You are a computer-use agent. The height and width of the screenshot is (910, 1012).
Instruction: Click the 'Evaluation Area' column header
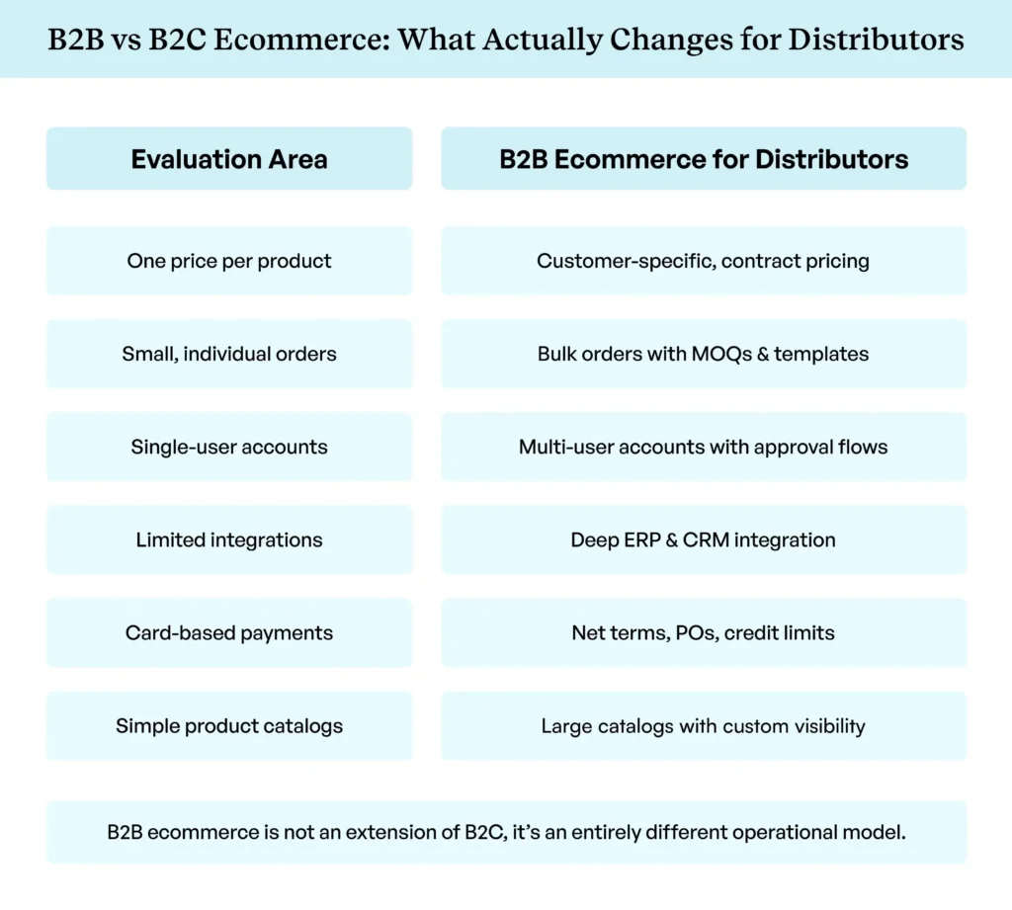click(229, 159)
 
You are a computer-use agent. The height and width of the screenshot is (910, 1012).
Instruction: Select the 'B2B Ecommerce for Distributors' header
click(704, 159)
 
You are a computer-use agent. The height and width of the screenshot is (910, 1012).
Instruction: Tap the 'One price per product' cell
click(229, 262)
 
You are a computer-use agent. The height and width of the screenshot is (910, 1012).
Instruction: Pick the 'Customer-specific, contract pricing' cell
click(704, 262)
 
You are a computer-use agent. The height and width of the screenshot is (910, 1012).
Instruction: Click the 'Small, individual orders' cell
click(229, 354)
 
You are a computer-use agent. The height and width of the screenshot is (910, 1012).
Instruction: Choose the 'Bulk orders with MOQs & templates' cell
click(704, 354)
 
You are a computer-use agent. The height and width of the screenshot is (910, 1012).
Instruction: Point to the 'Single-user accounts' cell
click(229, 447)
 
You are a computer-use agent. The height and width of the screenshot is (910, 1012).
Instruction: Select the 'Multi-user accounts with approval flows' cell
click(704, 447)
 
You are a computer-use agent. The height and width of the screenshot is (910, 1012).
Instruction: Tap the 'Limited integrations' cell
click(229, 540)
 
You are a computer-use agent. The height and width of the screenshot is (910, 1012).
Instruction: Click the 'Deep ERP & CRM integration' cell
click(704, 540)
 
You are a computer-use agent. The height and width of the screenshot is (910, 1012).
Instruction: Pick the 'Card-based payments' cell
click(229, 633)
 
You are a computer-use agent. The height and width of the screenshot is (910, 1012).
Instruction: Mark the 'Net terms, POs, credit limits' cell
click(704, 633)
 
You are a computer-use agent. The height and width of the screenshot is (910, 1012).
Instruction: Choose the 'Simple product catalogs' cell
click(229, 726)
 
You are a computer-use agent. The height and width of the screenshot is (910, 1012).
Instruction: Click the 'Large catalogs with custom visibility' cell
click(704, 726)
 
